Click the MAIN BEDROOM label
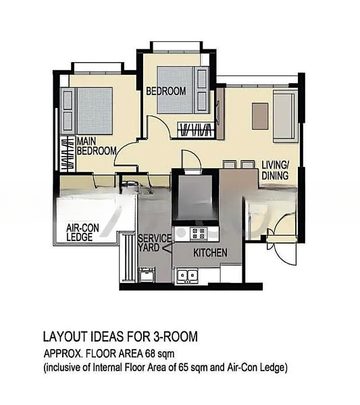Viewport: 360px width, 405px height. tap(97, 146)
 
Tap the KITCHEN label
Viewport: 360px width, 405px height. tap(210, 253)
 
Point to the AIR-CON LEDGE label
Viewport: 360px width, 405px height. tap(82, 232)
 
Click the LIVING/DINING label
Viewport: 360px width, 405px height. tap(275, 170)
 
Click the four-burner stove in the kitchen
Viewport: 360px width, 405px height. tap(199, 234)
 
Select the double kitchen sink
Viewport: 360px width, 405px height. tap(187, 275)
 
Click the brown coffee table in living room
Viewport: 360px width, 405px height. tap(260, 116)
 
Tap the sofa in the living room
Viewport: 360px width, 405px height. tap(285, 115)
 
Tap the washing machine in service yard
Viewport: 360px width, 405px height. tap(147, 275)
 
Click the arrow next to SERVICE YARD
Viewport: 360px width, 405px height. tap(167, 248)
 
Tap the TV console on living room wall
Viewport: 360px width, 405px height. tap(220, 113)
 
